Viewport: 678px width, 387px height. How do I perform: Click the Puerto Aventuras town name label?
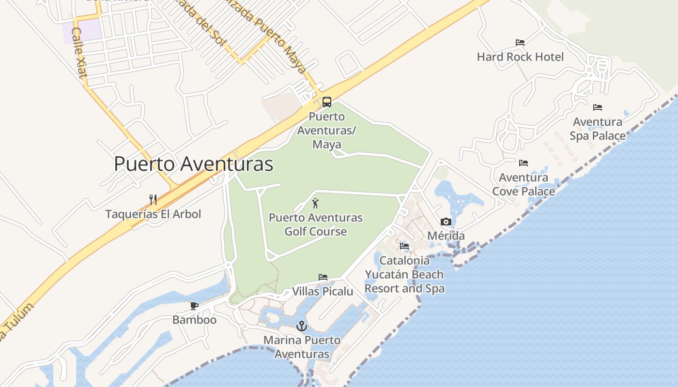193,164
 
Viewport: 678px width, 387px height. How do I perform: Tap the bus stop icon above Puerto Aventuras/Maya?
327,102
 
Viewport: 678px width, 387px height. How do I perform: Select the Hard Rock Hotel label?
520,57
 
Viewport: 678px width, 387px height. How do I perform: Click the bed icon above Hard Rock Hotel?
520,43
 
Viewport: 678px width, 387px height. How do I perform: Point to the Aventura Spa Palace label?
598,129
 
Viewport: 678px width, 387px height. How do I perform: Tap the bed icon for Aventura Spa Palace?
598,107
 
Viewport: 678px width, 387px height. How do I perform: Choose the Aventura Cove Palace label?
524,184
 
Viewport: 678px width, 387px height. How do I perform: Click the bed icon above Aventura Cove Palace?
524,163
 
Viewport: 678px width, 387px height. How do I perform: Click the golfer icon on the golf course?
315,203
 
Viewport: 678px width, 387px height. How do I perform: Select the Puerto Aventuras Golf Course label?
316,224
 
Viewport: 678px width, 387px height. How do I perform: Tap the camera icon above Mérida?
446,222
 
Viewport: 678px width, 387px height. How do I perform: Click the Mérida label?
446,236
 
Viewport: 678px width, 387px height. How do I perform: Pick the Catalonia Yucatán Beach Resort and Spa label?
404,274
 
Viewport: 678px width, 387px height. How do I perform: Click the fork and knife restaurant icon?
153,199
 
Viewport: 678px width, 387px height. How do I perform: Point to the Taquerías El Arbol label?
153,214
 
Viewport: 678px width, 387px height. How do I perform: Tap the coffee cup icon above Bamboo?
194,306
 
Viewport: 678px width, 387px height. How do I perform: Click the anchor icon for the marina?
302,326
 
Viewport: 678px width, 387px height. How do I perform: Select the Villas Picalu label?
323,291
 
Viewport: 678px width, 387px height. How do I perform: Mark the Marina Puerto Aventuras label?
302,347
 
